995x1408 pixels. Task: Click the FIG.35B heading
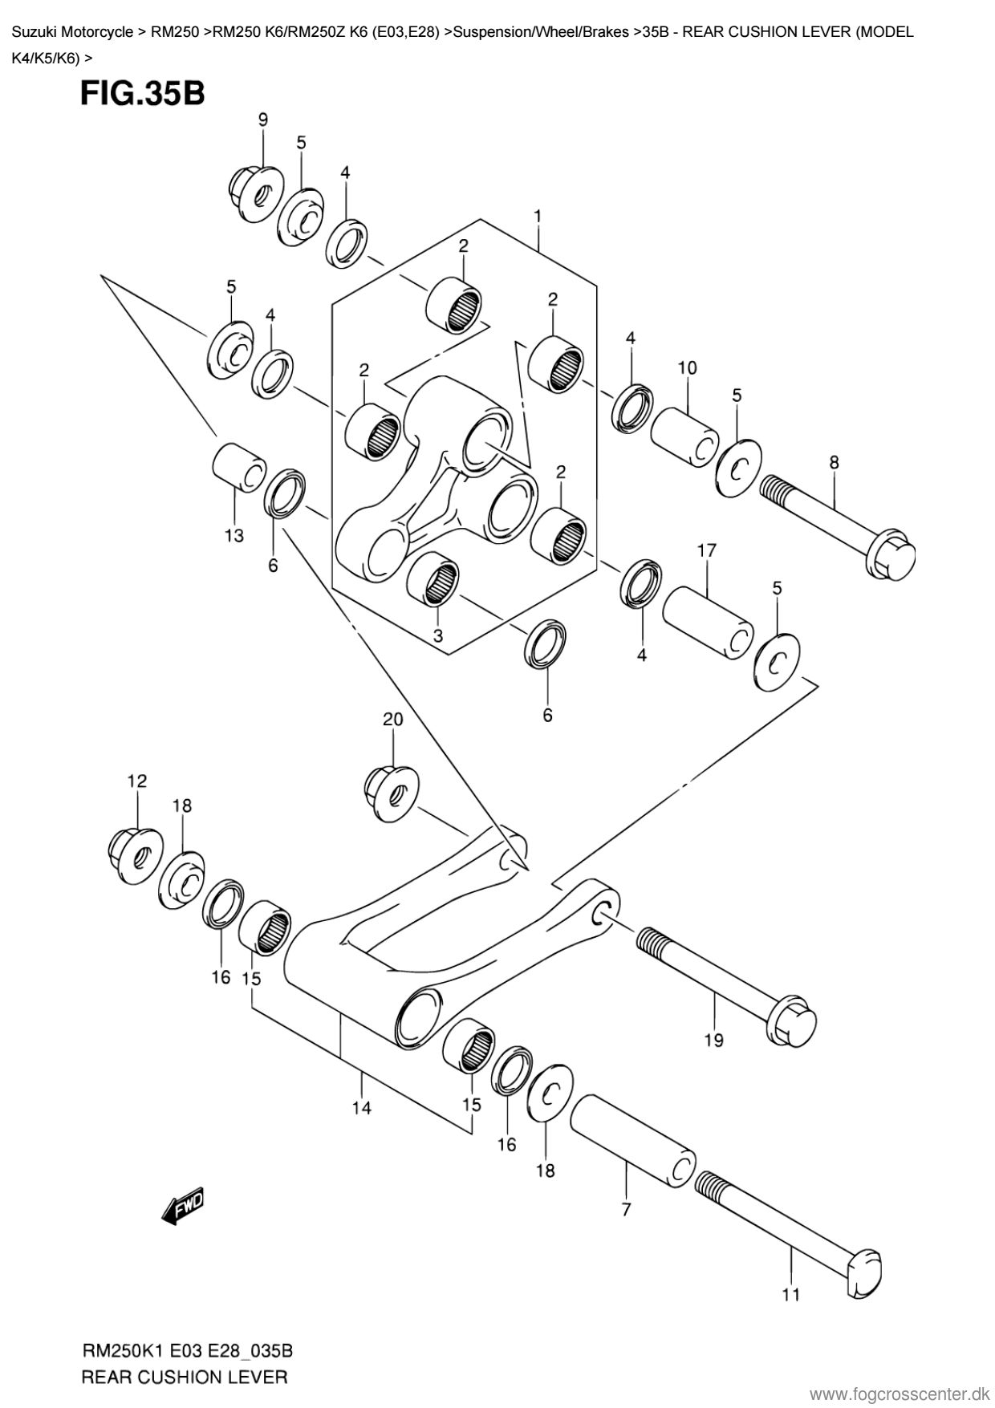pos(142,94)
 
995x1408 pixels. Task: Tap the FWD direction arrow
pos(184,1205)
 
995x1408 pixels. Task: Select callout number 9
pos(263,120)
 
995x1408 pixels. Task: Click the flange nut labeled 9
pos(254,193)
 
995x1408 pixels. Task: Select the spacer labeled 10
pos(684,436)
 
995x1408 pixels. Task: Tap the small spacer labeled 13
pos(238,465)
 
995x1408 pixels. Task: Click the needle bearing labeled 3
pos(433,581)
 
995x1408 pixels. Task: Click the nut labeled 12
pos(136,852)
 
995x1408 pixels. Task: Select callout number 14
pos(361,1108)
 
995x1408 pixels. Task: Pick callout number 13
pos(234,535)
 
